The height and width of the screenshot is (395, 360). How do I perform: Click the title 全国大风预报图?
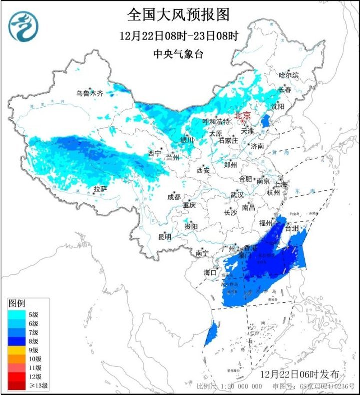point(179,15)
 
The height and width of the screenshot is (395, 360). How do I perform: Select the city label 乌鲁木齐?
point(89,93)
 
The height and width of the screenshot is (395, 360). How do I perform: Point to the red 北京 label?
point(242,114)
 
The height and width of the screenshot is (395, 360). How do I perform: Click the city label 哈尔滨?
point(288,75)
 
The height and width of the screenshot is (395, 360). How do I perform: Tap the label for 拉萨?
point(100,189)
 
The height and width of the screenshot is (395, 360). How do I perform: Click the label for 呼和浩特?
point(215,122)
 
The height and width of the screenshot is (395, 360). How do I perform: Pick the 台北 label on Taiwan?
point(291,228)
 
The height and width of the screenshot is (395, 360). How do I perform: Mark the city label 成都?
point(174,197)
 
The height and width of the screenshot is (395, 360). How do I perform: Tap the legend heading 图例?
point(17,303)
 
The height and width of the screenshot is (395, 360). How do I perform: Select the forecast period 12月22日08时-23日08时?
point(179,36)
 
